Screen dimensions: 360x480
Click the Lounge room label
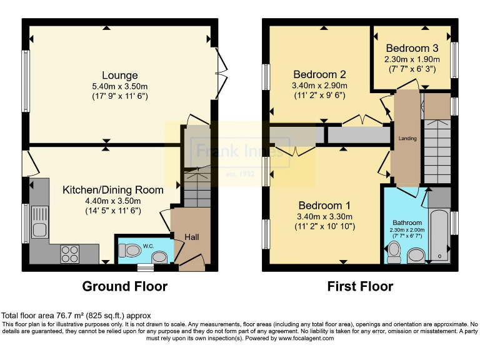pyautogui.click(x=121, y=76)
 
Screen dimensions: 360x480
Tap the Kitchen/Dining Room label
pyautogui.click(x=113, y=189)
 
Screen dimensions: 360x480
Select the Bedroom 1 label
pyautogui.click(x=324, y=206)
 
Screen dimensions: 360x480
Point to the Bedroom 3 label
pyautogui.click(x=411, y=48)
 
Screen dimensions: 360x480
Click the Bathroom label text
pyautogui.click(x=407, y=222)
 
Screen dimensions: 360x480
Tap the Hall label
pyautogui.click(x=191, y=237)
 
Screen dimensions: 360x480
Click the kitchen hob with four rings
pyautogui.click(x=69, y=254)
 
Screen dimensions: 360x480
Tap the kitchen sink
pyautogui.click(x=37, y=222)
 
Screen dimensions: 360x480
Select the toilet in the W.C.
pyautogui.click(x=132, y=251)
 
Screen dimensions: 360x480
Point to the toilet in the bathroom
pyautogui.click(x=394, y=251)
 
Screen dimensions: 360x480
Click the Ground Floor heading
pyautogui.click(x=125, y=287)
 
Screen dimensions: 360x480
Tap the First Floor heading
pyautogui.click(x=360, y=287)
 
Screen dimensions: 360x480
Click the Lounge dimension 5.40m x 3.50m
pyautogui.click(x=121, y=86)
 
